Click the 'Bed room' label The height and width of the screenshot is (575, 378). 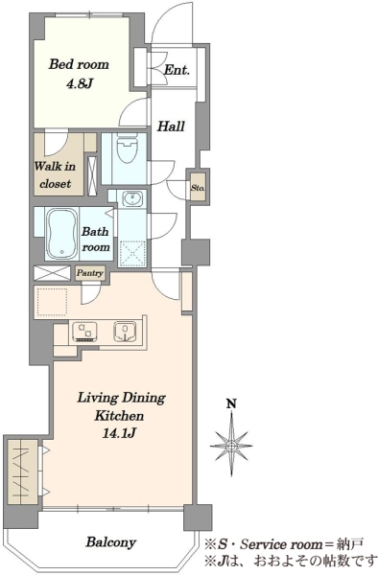coord(79,64)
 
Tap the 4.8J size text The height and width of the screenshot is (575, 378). coord(79,84)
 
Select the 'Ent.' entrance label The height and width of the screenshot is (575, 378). coord(177,70)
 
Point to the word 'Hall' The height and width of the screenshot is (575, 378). coord(171,126)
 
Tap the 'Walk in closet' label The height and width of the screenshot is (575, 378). coord(55,175)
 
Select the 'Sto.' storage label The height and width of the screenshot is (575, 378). coord(198,188)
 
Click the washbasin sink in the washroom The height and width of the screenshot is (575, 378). coord(131,198)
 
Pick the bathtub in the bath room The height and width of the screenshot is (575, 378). coord(62,233)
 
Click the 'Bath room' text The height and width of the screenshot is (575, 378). coord(95,239)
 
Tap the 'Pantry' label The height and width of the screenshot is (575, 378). coord(90,273)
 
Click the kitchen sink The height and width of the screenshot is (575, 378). coord(126,332)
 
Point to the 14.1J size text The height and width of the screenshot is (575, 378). coord(120,434)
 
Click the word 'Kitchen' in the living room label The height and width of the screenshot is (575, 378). coord(119,416)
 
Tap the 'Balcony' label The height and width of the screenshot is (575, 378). coord(111,542)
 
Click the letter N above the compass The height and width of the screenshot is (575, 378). coord(231,404)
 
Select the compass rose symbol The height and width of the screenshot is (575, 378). coord(231,446)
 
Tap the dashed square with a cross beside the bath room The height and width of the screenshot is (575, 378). coord(132,253)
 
